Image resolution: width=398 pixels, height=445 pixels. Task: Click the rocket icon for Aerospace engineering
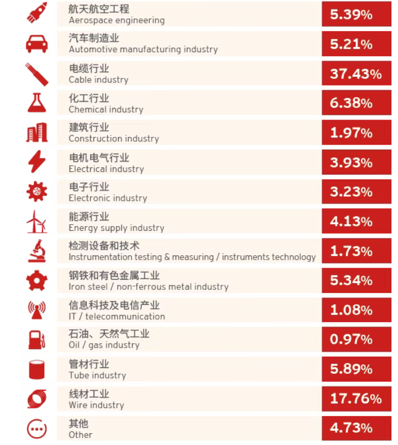pos(37,13)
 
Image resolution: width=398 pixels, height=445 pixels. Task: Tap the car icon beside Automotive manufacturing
pos(37,43)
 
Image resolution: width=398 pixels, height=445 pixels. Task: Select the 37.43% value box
pos(356,74)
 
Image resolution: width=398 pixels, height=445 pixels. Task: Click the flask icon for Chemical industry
pos(37,102)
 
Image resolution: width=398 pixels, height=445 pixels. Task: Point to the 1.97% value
pos(351,133)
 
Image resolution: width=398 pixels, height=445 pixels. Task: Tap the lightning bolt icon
pos(37,162)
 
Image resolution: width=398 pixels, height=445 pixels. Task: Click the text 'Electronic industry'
pos(107,198)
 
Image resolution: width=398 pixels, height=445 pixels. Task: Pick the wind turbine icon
pos(37,221)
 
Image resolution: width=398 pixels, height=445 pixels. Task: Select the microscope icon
pos(37,251)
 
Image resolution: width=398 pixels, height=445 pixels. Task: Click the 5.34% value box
pos(356,280)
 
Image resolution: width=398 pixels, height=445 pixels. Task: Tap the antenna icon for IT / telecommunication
pos(37,310)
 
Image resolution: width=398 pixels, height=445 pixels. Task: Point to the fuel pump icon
pos(37,339)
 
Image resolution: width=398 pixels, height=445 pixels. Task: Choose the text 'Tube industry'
pos(97,375)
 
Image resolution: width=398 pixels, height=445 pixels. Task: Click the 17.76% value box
pos(356,398)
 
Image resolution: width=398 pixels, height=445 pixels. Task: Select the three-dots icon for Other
pos(37,428)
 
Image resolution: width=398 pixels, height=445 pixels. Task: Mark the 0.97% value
pos(351,339)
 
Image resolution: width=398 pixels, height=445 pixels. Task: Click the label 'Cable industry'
pos(99,80)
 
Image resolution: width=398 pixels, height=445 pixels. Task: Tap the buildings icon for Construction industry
pos(37,132)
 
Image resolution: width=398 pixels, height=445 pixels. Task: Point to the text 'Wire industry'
pos(96,405)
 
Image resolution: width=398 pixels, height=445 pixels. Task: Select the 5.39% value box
pos(356,14)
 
